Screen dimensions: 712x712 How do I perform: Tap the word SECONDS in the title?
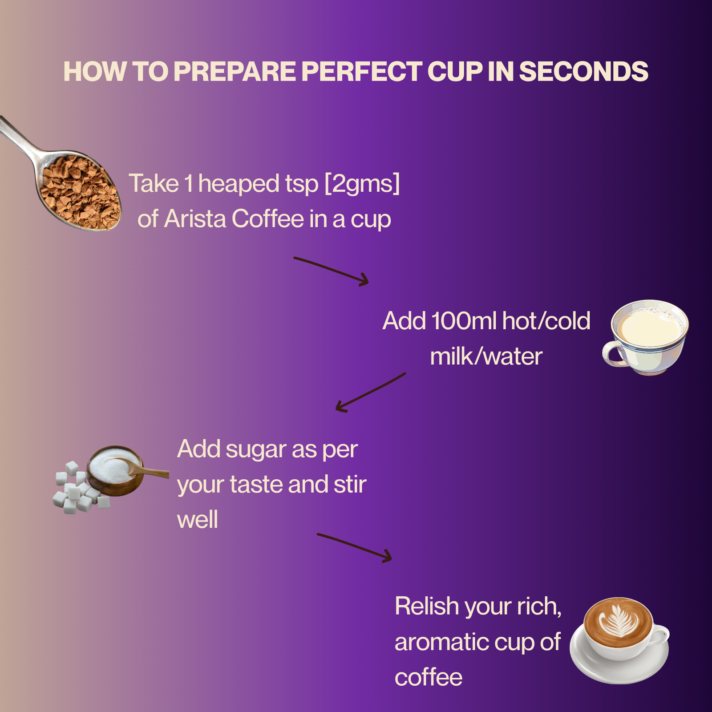(x=583, y=71)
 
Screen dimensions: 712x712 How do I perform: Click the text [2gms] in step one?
(x=362, y=184)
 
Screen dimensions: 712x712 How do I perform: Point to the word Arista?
(x=195, y=219)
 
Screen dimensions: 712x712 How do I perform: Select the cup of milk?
(x=645, y=337)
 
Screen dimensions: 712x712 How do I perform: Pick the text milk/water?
(x=486, y=356)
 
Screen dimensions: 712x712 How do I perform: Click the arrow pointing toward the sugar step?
(x=371, y=392)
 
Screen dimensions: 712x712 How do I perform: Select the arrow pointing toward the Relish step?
(x=354, y=547)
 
